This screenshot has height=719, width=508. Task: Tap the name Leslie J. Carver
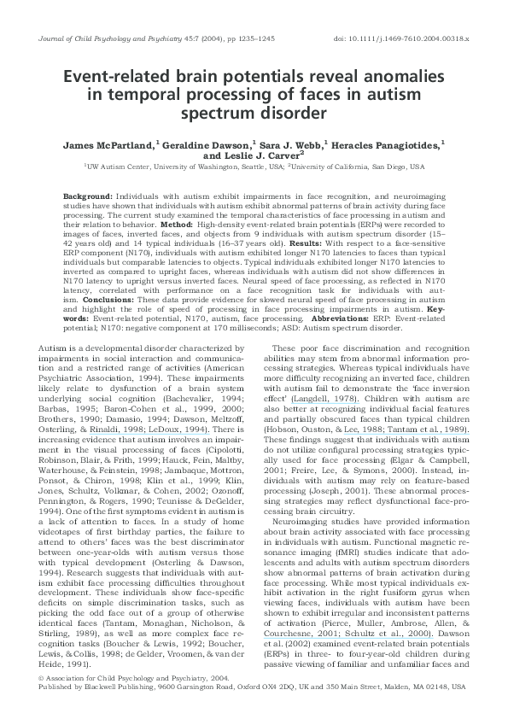pos(260,157)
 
